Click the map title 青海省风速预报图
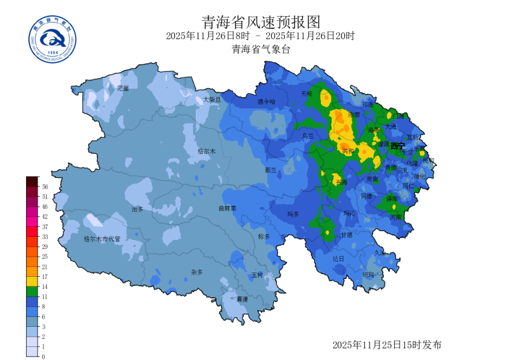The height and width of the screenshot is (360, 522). tap(261, 22)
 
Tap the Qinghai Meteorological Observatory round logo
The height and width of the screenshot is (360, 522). tap(52, 40)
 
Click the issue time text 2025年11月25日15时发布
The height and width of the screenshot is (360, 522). tap(387, 345)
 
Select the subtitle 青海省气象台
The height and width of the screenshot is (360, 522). tap(261, 49)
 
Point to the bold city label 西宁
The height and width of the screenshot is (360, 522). tap(397, 146)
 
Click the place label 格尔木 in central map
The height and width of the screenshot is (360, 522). tap(207, 151)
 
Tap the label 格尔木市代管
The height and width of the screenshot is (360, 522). tap(102, 238)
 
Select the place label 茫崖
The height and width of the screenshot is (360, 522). tap(123, 88)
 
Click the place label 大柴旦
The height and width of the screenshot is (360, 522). tap(212, 100)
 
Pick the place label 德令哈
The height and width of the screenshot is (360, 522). tap(266, 101)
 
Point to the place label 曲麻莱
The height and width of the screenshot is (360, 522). tap(227, 208)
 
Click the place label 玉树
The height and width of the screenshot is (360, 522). tap(257, 275)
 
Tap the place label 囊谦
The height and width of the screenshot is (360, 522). tap(242, 299)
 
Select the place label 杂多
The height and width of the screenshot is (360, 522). tap(196, 272)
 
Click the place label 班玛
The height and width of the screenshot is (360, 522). tap(368, 275)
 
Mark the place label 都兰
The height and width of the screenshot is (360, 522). tap(270, 170)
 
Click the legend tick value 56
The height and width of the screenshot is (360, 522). tap(45, 187)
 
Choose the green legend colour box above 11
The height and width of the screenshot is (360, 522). tap(32, 291)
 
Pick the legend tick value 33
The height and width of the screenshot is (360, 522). tap(45, 237)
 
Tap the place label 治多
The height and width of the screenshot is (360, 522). tap(138, 209)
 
